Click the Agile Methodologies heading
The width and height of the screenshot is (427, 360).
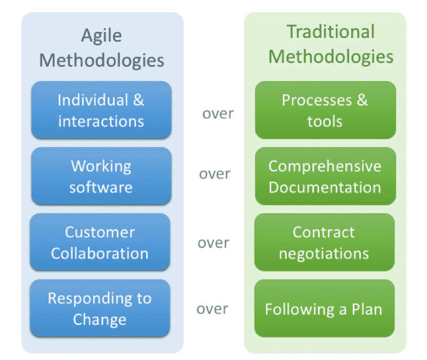101,48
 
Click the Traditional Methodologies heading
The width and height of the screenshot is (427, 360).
331,44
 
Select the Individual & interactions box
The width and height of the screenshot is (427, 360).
101,110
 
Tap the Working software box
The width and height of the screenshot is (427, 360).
101,177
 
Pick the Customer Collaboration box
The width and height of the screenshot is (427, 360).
100,243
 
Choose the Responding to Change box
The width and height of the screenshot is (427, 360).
100,309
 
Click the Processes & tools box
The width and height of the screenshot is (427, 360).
326,110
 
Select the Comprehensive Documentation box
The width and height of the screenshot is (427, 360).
326,177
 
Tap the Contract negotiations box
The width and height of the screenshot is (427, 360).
325,243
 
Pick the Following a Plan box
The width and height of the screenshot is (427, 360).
325,309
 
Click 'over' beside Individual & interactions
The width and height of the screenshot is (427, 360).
218,114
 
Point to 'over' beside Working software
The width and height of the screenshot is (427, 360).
215,174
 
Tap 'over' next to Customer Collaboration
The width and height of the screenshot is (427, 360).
213,243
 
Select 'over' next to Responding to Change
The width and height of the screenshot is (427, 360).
212,309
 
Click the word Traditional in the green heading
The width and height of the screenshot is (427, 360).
331,31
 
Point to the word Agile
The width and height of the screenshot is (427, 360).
101,36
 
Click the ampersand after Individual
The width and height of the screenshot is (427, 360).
139,100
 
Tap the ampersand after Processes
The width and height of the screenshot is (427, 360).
362,100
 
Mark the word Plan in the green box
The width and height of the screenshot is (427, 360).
367,309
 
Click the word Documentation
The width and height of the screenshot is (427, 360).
325,188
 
